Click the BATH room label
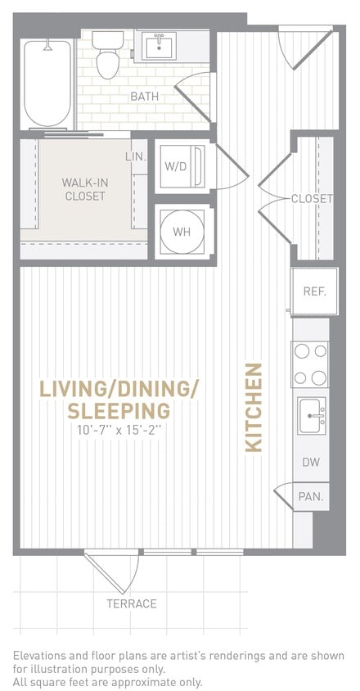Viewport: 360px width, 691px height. click(145, 97)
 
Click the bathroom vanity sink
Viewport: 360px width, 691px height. click(160, 46)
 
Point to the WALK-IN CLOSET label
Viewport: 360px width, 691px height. click(84, 189)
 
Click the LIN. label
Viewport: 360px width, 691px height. click(136, 156)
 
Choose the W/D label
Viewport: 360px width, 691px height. click(176, 166)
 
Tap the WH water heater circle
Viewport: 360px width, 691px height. click(182, 232)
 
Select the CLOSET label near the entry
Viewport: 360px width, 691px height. click(312, 199)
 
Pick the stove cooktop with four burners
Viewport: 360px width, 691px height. click(311, 364)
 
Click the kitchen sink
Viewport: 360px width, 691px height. click(312, 415)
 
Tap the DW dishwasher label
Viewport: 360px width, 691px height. click(311, 463)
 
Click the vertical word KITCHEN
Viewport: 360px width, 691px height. click(254, 407)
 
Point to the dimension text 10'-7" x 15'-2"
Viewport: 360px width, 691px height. click(119, 430)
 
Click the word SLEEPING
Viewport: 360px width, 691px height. click(119, 410)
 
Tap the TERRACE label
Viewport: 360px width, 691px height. click(131, 604)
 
